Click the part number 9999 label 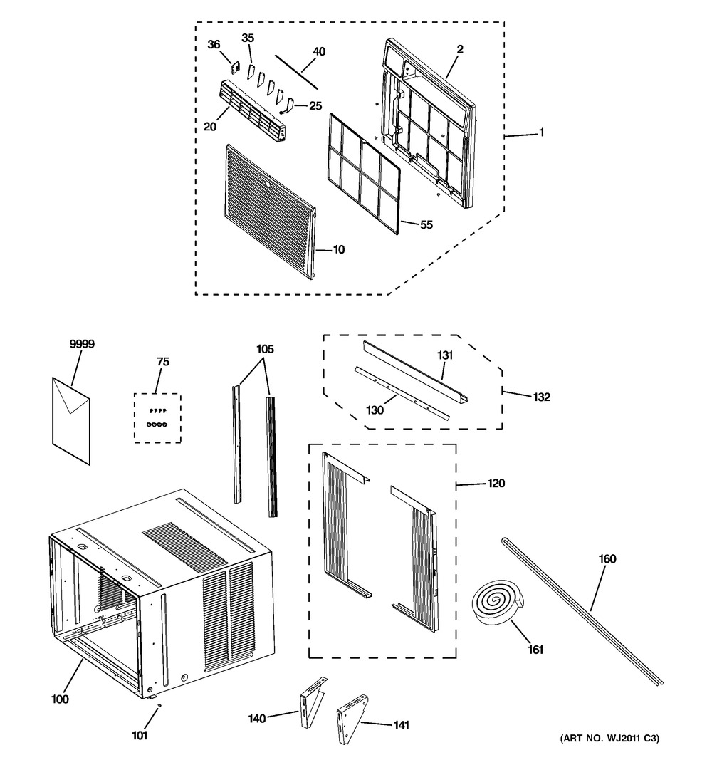pyautogui.click(x=82, y=344)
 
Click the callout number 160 pyautogui.click(x=607, y=559)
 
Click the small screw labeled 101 pyautogui.click(x=159, y=706)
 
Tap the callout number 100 pyautogui.click(x=60, y=699)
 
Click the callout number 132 pyautogui.click(x=541, y=397)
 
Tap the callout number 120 pyautogui.click(x=496, y=484)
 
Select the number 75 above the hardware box pyautogui.click(x=162, y=362)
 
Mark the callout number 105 pyautogui.click(x=265, y=350)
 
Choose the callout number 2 pyautogui.click(x=460, y=49)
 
